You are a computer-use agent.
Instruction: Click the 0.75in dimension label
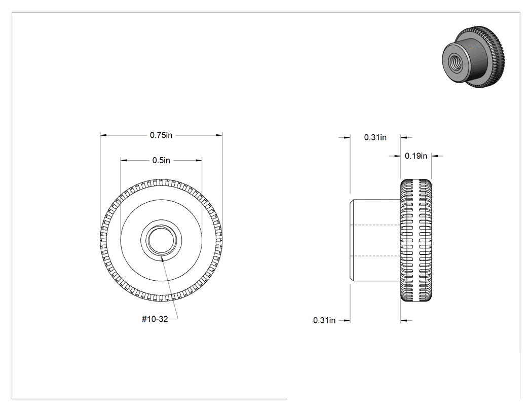click(161, 135)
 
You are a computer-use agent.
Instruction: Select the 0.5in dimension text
click(161, 160)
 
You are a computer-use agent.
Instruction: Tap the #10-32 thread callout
click(155, 319)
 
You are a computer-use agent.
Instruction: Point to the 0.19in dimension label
click(416, 156)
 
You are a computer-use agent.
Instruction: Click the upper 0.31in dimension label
click(375, 137)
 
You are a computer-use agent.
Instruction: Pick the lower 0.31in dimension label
click(324, 320)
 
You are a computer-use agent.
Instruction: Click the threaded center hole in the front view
click(161, 240)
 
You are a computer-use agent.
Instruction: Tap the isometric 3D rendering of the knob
click(474, 57)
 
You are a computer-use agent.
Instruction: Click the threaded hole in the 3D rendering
click(454, 63)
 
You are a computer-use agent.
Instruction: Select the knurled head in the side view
click(416, 240)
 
